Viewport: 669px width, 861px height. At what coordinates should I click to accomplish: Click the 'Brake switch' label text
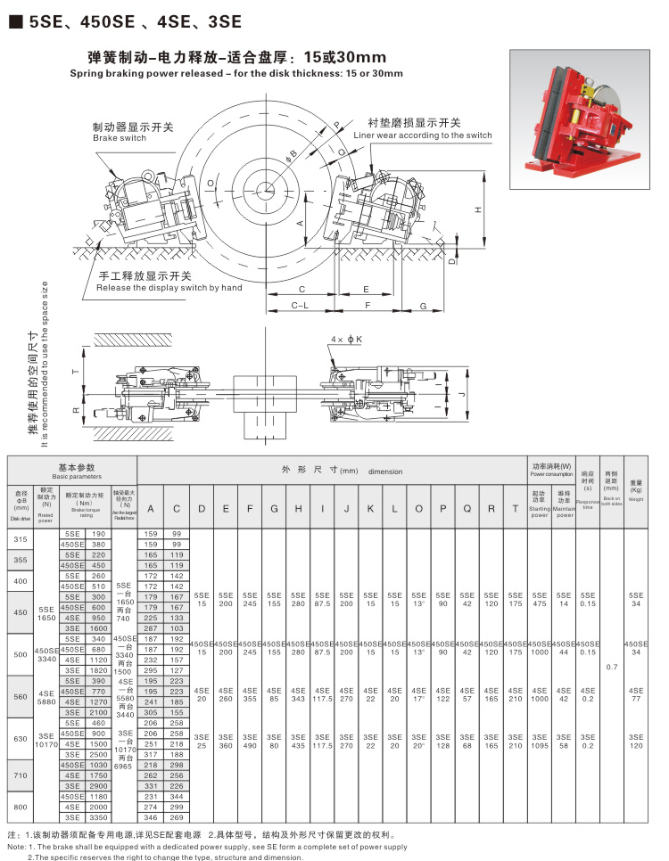click(x=120, y=138)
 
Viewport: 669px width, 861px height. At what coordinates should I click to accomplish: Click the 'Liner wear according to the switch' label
click(x=422, y=135)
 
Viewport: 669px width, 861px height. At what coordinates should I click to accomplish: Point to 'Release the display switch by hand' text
click(x=169, y=288)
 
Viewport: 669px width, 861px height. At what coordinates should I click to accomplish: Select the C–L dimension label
click(x=301, y=305)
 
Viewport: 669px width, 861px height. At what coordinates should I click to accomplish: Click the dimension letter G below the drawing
click(x=423, y=305)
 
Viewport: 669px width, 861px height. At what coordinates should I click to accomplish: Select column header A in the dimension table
click(x=150, y=508)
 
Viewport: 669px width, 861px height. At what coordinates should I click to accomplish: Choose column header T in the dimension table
click(x=515, y=508)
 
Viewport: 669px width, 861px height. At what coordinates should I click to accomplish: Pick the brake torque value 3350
click(x=98, y=816)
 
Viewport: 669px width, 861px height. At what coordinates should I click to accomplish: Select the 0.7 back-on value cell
click(x=610, y=667)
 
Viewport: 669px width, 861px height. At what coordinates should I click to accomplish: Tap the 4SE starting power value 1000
click(x=539, y=699)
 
